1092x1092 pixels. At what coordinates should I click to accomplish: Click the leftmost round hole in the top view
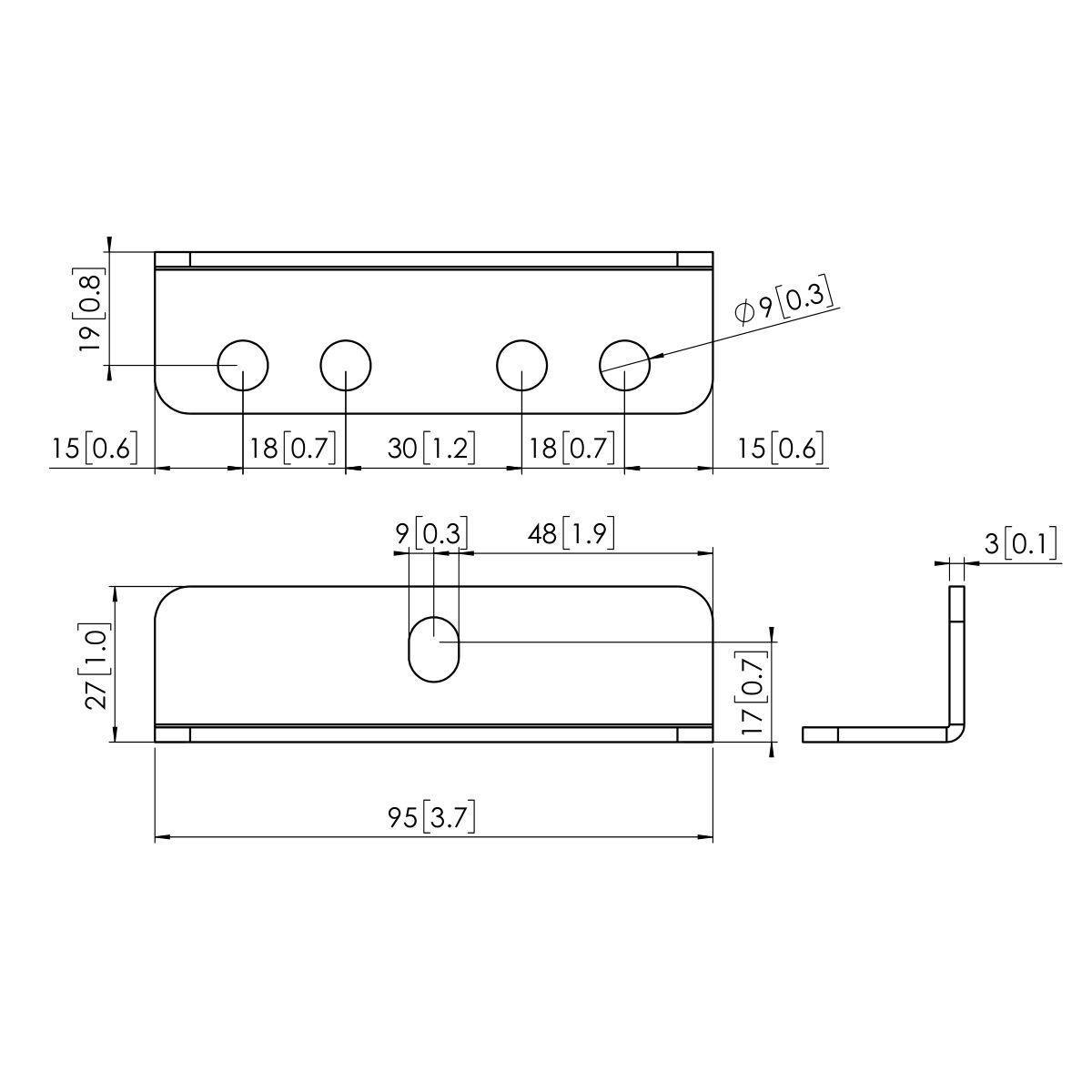(243, 366)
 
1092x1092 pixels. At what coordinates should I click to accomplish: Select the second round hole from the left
(346, 366)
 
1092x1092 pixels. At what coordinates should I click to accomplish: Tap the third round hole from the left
(521, 366)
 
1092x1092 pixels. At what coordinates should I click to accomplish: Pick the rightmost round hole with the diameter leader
(624, 366)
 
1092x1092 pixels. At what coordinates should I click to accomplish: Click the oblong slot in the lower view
(434, 649)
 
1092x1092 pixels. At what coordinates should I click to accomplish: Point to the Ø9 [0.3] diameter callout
(784, 304)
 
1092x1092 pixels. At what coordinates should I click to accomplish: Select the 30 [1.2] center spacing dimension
(431, 448)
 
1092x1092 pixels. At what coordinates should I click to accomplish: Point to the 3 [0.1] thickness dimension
(1020, 545)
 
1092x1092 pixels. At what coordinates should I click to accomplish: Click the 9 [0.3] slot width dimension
(430, 534)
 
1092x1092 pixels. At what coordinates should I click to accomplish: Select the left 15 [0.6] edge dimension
(94, 449)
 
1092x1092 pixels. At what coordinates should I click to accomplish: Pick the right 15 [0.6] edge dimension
(780, 449)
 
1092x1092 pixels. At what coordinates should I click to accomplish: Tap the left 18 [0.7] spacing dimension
(293, 448)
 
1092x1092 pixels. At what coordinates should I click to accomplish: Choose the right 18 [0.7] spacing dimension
(571, 448)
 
